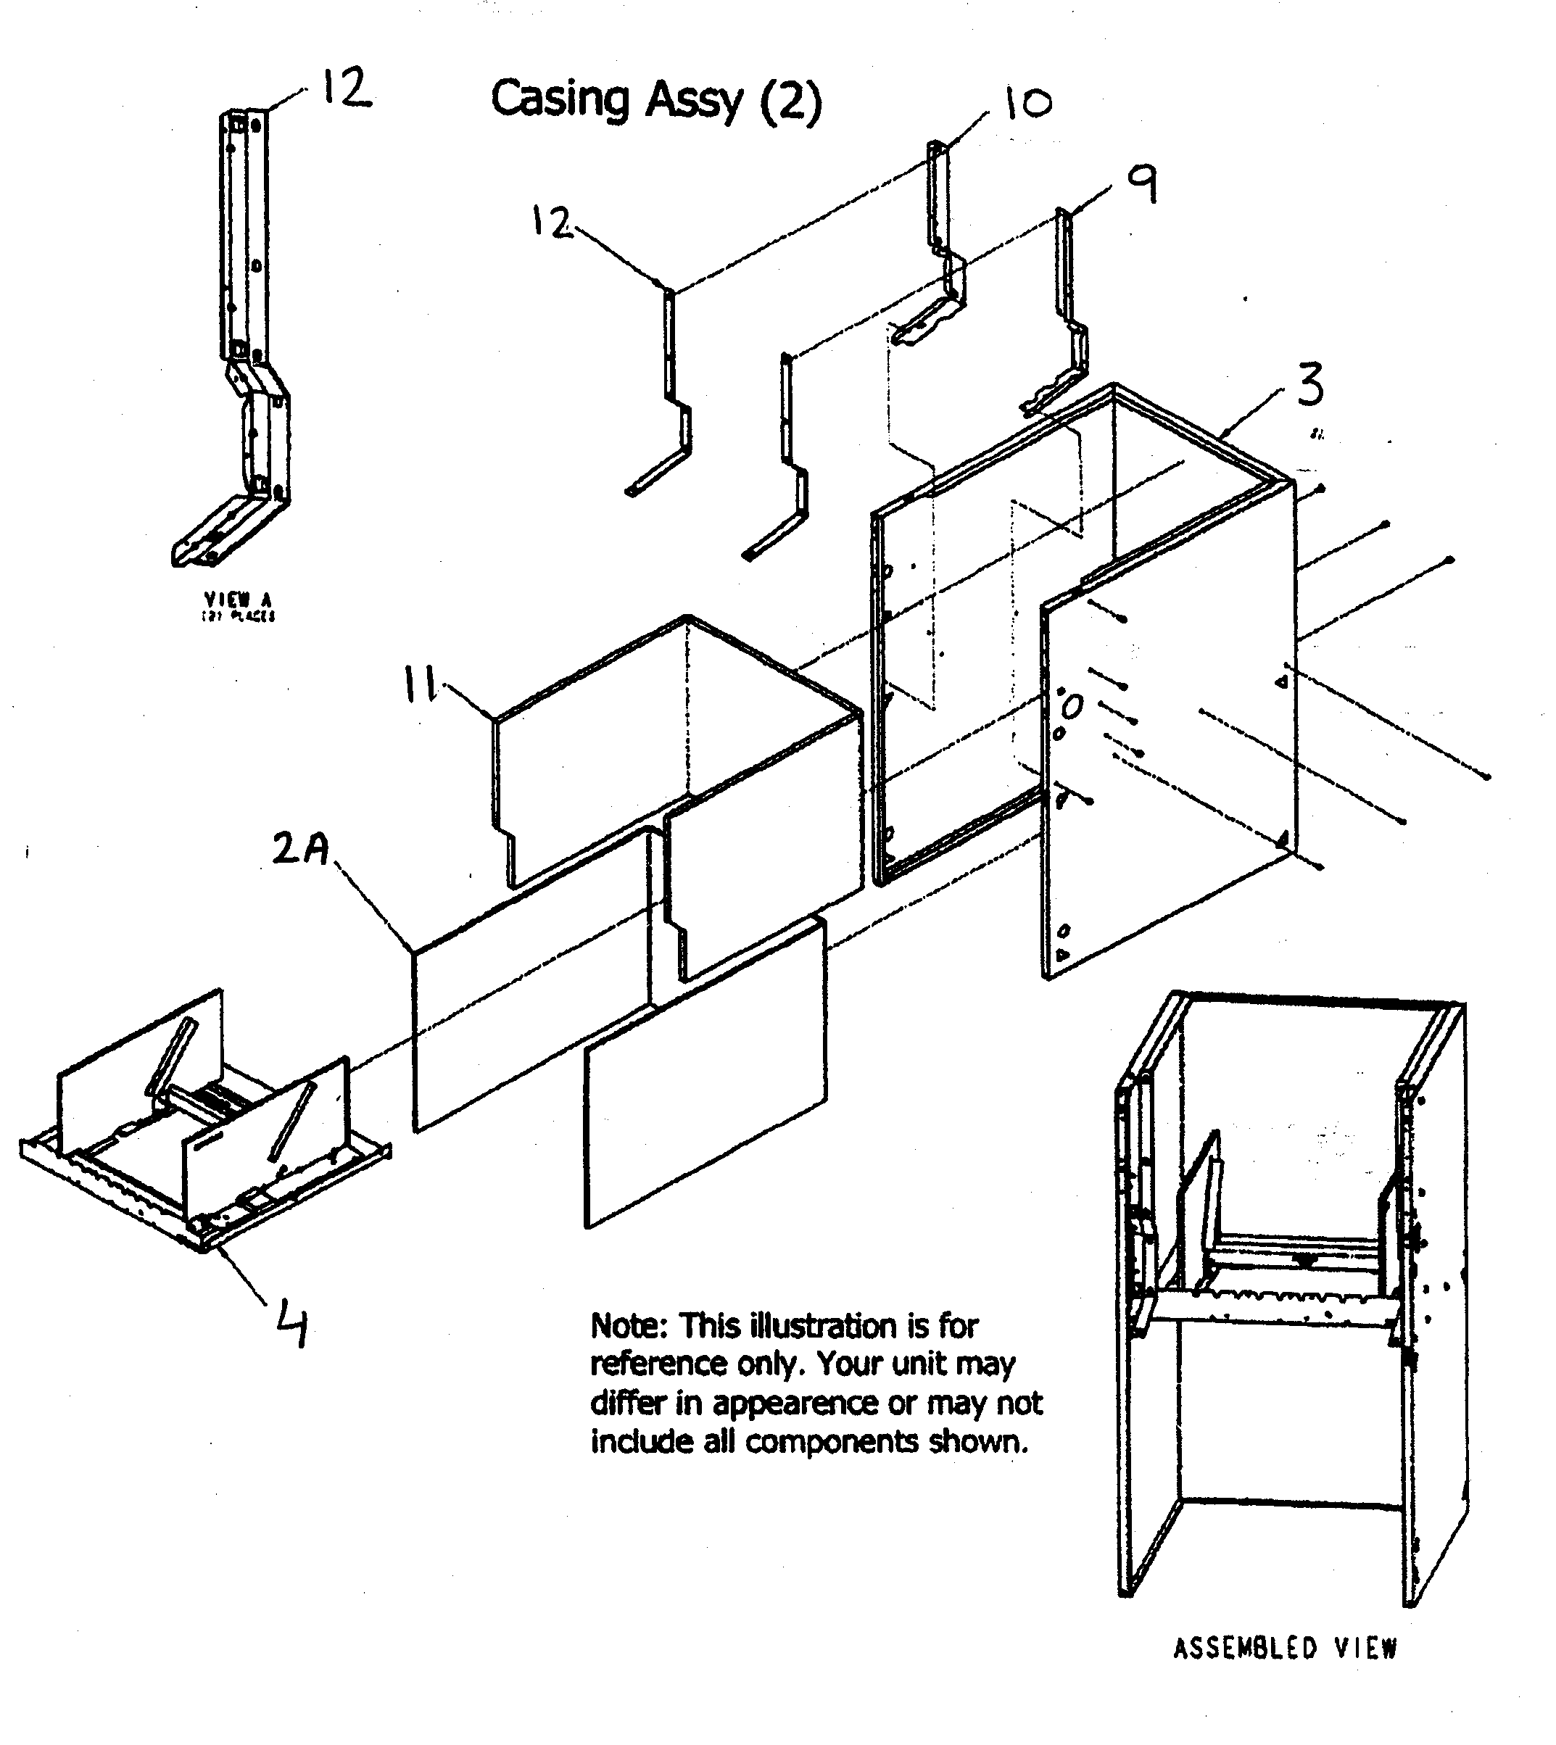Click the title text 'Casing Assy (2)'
click(655, 100)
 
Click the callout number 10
click(1026, 103)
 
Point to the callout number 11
click(420, 685)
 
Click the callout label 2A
click(301, 849)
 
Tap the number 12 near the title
click(552, 223)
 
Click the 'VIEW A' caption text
click(238, 600)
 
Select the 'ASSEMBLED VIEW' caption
click(1284, 1648)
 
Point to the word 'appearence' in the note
click(794, 1403)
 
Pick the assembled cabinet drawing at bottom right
click(1291, 1300)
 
